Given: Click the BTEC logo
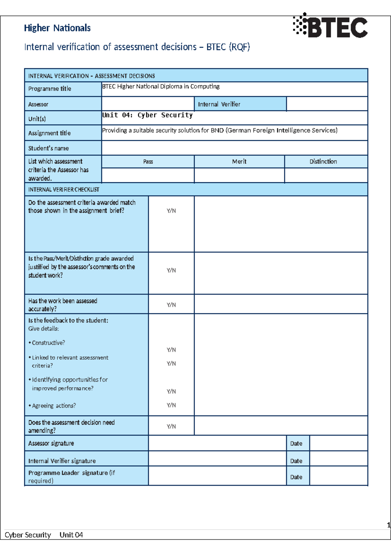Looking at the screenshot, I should [x=330, y=26].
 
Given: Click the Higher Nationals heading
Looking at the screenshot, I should [x=57, y=28].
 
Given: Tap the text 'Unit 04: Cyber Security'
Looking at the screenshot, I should [x=147, y=115].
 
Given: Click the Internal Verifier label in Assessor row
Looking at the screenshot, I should [x=219, y=104].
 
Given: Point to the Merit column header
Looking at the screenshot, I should [x=239, y=161].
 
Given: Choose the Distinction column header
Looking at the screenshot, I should [x=323, y=161].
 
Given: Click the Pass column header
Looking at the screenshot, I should [x=148, y=161].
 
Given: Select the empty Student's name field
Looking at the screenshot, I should [x=235, y=148].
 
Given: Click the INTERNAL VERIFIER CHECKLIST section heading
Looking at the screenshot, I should [x=64, y=189].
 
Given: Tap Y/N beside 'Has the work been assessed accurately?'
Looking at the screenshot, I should [x=171, y=305].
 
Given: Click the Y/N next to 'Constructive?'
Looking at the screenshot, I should [x=171, y=350].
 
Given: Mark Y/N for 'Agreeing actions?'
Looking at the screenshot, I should [x=171, y=405].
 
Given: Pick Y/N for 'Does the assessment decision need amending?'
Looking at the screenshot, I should [x=171, y=426].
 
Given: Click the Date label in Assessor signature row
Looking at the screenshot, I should [x=296, y=443].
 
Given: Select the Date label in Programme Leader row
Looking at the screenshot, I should [x=296, y=477].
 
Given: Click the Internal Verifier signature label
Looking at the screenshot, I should [x=62, y=461].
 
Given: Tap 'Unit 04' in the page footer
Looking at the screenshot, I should [x=71, y=535].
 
